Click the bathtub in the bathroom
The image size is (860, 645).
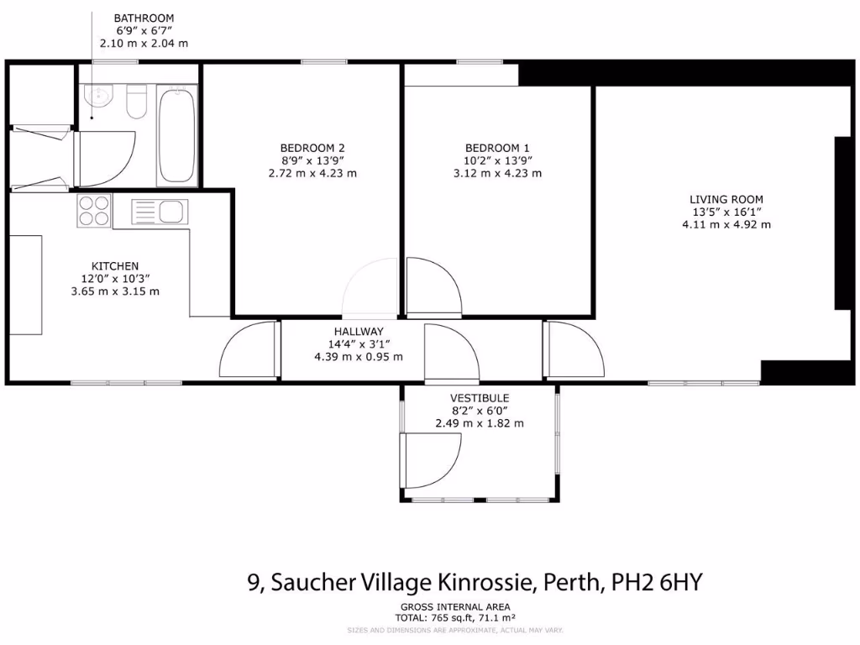click(177, 136)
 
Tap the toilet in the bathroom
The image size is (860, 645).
click(137, 103)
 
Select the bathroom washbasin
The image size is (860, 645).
click(99, 97)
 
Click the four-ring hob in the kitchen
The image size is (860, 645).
click(94, 210)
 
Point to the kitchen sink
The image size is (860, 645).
click(160, 211)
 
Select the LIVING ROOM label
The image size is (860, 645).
click(726, 199)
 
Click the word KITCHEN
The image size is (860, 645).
click(115, 266)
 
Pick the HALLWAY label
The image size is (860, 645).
click(358, 332)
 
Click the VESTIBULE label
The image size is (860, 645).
click(480, 398)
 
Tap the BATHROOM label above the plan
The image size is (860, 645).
click(144, 17)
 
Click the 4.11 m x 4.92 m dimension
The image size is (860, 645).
click(726, 224)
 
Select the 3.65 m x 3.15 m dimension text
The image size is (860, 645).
click(115, 291)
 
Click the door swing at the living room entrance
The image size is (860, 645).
click(574, 349)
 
